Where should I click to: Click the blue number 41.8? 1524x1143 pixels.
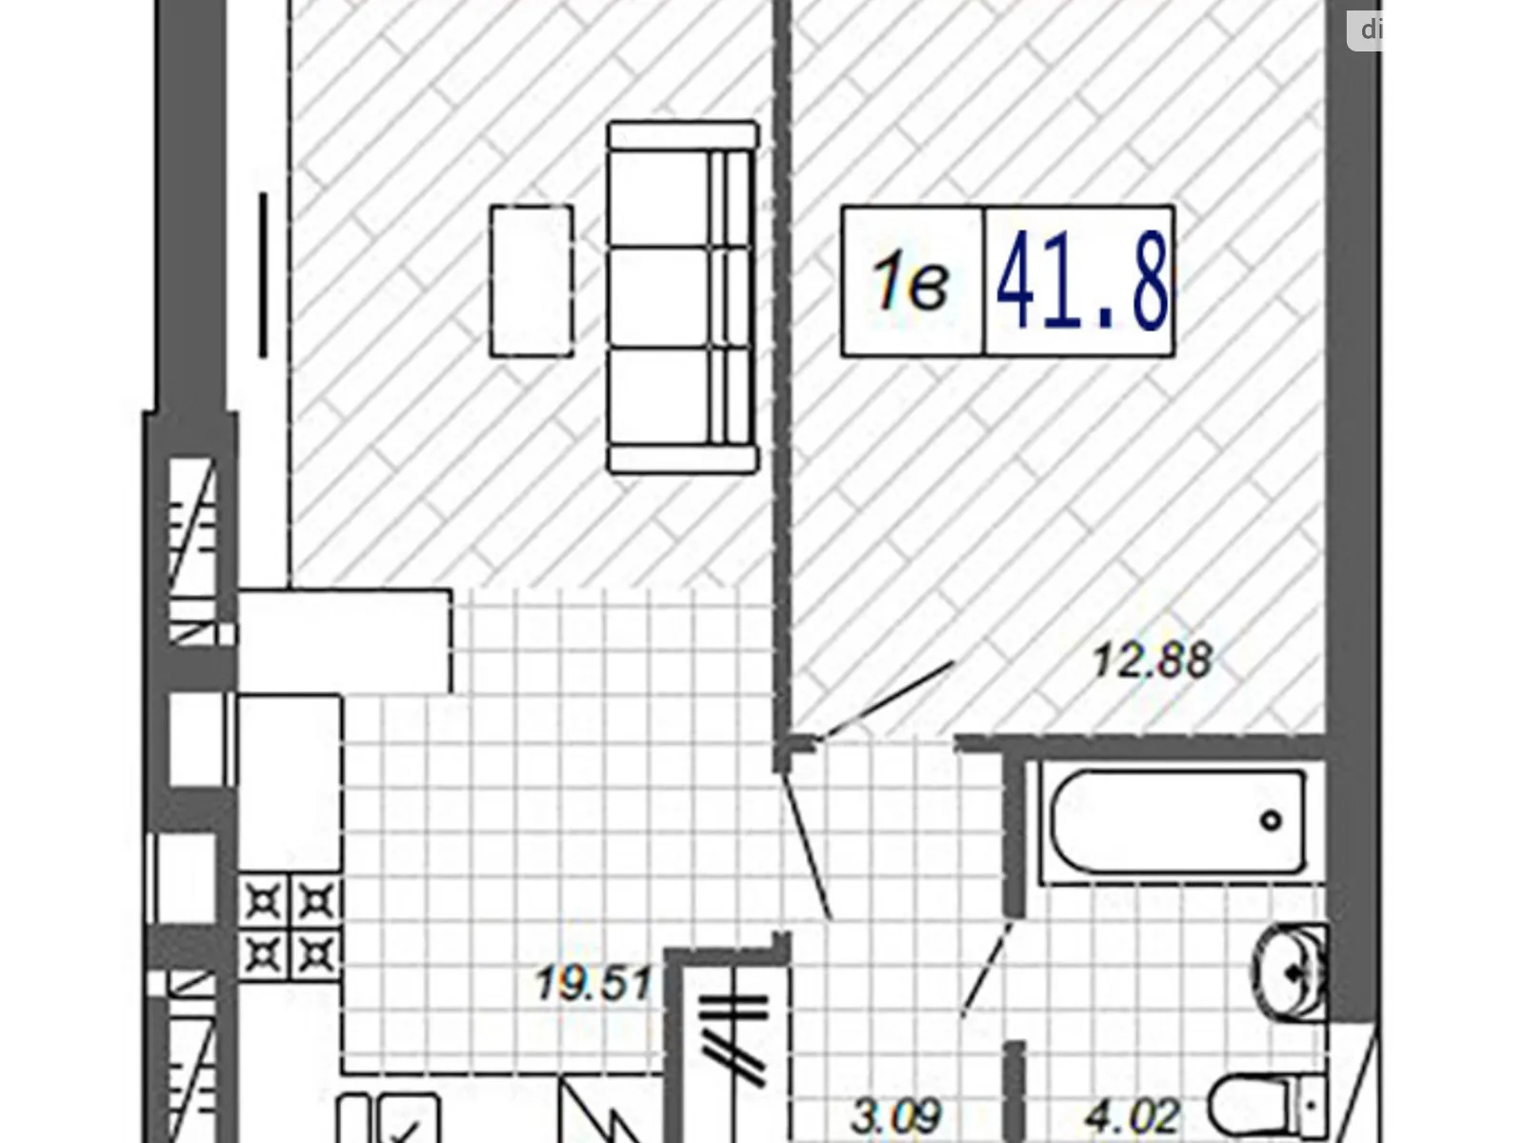[x=1080, y=282]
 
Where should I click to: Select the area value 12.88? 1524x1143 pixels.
[x=1152, y=660]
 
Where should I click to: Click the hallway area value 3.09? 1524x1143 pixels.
[x=896, y=1115]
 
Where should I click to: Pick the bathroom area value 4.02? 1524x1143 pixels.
[x=1133, y=1115]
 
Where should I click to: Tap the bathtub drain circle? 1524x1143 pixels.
[x=1271, y=820]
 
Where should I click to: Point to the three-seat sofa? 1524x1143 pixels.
[x=682, y=296]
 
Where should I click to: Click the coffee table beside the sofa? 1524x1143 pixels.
[x=531, y=281]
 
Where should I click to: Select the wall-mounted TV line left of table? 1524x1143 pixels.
[x=263, y=275]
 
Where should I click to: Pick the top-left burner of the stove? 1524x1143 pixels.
[x=263, y=900]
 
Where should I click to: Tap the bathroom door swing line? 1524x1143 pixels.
[x=987, y=967]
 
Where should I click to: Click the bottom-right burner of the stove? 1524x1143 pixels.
[x=317, y=952]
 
